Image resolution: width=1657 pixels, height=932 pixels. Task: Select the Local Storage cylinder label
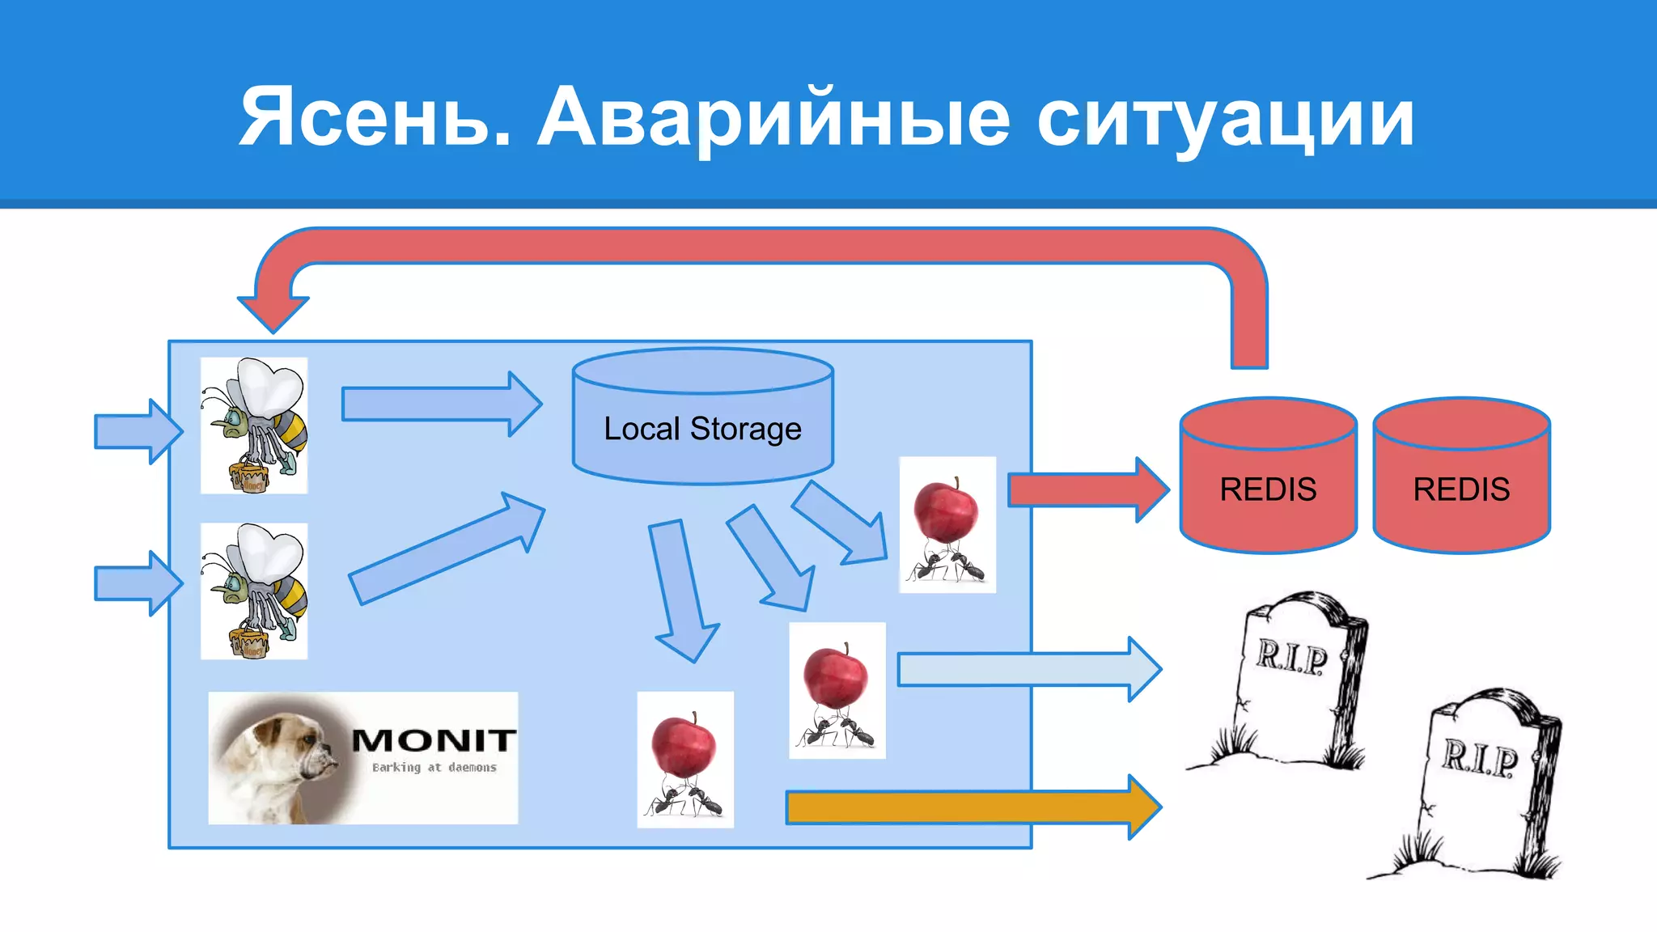pos(702,429)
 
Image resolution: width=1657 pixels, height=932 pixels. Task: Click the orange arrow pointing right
pos(971,807)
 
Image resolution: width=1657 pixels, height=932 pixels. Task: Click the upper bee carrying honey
pos(254,426)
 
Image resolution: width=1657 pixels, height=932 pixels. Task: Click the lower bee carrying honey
pos(254,591)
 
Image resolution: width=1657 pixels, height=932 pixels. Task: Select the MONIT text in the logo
pos(434,739)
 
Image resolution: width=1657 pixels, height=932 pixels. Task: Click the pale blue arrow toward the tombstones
pos(1028,669)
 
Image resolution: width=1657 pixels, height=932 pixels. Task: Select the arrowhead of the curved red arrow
pos(273,311)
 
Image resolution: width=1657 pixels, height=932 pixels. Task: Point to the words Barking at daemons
pos(434,767)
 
